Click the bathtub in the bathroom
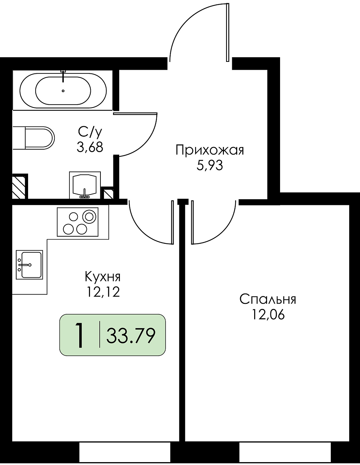(63, 90)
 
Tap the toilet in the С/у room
(33, 138)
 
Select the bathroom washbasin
(85, 185)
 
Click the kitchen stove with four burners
(77, 222)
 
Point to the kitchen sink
(29, 265)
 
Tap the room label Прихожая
(210, 150)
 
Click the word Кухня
(103, 277)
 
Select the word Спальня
(268, 299)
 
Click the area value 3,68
(90, 147)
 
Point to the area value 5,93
(210, 165)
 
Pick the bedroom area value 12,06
(268, 314)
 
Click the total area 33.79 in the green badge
(131, 336)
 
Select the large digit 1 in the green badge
(80, 335)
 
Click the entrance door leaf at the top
(228, 32)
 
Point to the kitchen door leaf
(172, 222)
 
